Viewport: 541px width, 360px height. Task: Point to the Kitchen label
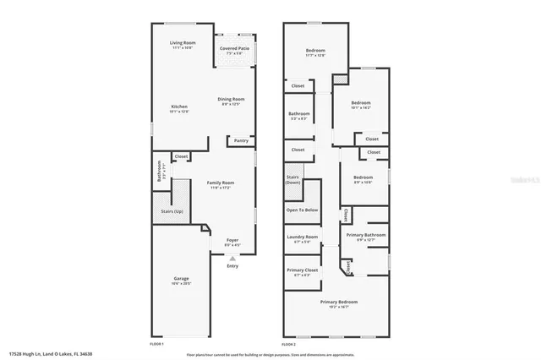pos(179,106)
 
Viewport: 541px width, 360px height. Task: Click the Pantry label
pos(241,141)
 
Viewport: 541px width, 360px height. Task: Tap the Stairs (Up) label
pos(172,210)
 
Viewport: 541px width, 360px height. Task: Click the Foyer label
pos(232,241)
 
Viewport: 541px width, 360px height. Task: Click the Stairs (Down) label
pos(292,180)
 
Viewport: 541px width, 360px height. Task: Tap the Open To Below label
pos(302,210)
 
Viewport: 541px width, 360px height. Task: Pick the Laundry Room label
pos(302,237)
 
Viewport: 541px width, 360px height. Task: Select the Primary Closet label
pos(302,270)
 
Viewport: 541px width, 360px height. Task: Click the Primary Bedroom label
pos(338,302)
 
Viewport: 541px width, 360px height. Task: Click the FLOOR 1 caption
pos(156,344)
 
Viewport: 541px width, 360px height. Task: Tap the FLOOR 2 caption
pos(288,344)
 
